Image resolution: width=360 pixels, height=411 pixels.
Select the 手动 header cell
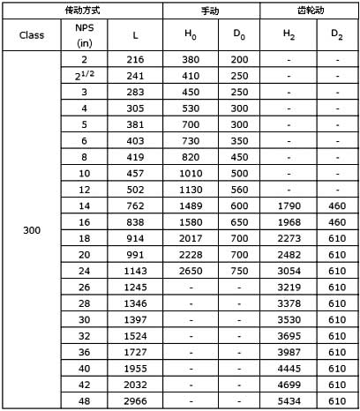tap(215, 9)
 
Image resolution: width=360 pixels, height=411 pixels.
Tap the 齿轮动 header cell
tap(310, 9)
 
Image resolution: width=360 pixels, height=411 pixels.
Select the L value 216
tap(135, 59)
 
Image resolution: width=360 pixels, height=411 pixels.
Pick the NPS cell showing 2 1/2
tap(85, 74)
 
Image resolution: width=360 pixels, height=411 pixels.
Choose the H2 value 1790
tap(289, 206)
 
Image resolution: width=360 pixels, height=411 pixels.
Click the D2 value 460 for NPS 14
tap(337, 206)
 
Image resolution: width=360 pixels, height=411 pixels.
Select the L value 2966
tap(135, 402)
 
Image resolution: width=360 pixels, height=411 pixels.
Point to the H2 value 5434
tap(289, 402)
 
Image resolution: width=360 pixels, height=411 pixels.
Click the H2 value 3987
tap(289, 353)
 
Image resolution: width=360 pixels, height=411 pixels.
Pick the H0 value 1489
tap(191, 206)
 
